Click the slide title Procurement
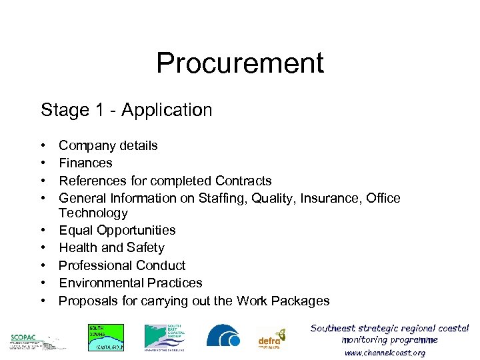click(x=240, y=63)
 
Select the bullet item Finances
click(x=85, y=163)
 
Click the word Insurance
click(x=331, y=198)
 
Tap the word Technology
click(x=93, y=213)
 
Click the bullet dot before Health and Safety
click(x=43, y=248)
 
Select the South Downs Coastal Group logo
click(x=106, y=337)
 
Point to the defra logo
click(x=271, y=339)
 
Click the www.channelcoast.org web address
click(x=385, y=353)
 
